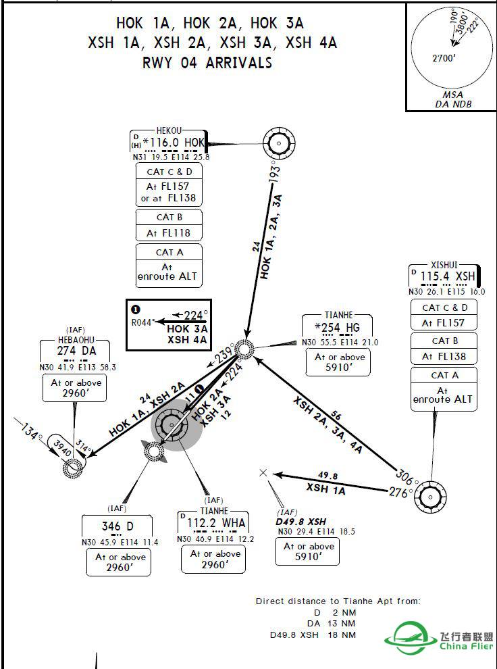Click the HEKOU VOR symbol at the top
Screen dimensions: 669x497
pos(278,143)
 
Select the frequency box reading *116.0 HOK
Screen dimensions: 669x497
pos(169,143)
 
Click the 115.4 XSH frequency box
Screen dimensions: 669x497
pos(446,276)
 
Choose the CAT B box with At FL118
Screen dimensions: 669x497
pos(169,226)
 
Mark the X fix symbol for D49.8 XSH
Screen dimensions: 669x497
pos(263,473)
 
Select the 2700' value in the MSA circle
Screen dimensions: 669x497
pos(444,58)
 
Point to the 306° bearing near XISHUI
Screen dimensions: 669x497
pos(404,474)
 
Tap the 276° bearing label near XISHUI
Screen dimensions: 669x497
pos(399,493)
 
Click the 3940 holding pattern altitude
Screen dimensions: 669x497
pos(62,449)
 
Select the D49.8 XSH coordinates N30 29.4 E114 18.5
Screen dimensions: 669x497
pos(317,532)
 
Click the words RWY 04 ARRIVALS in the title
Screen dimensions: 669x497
pos(207,63)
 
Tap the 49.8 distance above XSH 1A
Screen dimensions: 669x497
pos(328,476)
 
